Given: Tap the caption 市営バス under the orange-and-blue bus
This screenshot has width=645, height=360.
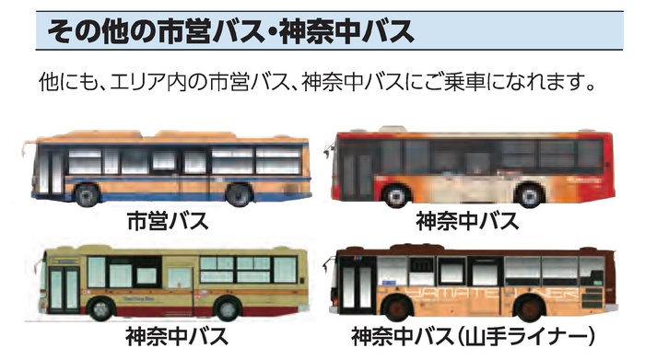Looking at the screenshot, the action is pos(167,222).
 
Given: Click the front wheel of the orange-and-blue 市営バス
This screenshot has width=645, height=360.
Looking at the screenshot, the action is pos(88,194).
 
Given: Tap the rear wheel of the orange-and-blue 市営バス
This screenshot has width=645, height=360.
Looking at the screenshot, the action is pos(238,194).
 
